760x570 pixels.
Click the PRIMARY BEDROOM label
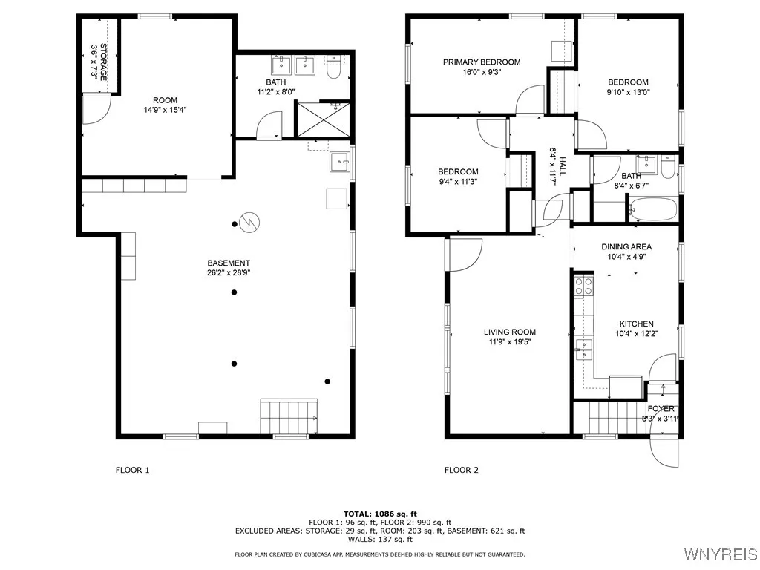click(x=482, y=62)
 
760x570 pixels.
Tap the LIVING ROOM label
click(x=510, y=332)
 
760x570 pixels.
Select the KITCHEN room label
click(x=637, y=324)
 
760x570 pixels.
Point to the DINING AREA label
click(x=626, y=247)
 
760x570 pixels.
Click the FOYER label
click(x=661, y=409)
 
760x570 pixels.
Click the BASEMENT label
click(x=229, y=263)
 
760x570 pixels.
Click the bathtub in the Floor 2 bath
click(x=653, y=209)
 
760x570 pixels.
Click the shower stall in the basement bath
click(x=324, y=119)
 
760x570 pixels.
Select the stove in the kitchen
click(x=583, y=286)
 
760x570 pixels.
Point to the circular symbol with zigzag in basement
click(x=248, y=221)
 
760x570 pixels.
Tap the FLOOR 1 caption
click(x=133, y=470)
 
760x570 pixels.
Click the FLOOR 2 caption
click(x=462, y=470)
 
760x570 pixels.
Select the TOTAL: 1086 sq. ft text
click(x=379, y=514)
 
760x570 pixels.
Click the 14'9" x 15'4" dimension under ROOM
click(x=165, y=109)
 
